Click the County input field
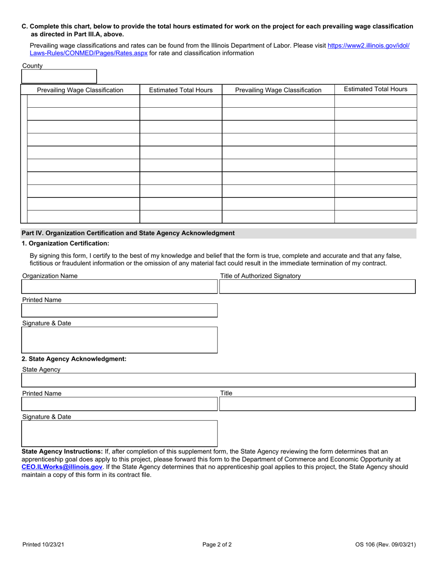coord(59,76)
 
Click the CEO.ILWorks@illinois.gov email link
coord(62,467)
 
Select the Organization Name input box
coord(120,287)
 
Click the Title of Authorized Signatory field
coord(317,287)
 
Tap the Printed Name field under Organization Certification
coord(120,310)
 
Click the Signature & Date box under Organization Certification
coord(120,340)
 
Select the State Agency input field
coord(218,380)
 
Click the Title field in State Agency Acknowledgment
coord(317,404)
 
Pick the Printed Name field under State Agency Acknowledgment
coord(120,404)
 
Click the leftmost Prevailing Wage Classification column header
coord(80,90)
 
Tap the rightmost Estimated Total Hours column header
coord(375,89)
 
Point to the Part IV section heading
coord(128,233)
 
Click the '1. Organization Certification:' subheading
coord(65,243)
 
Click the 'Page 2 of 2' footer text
coord(217,545)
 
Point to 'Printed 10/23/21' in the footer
coord(43,545)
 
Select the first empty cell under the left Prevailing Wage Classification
coord(83,101)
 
